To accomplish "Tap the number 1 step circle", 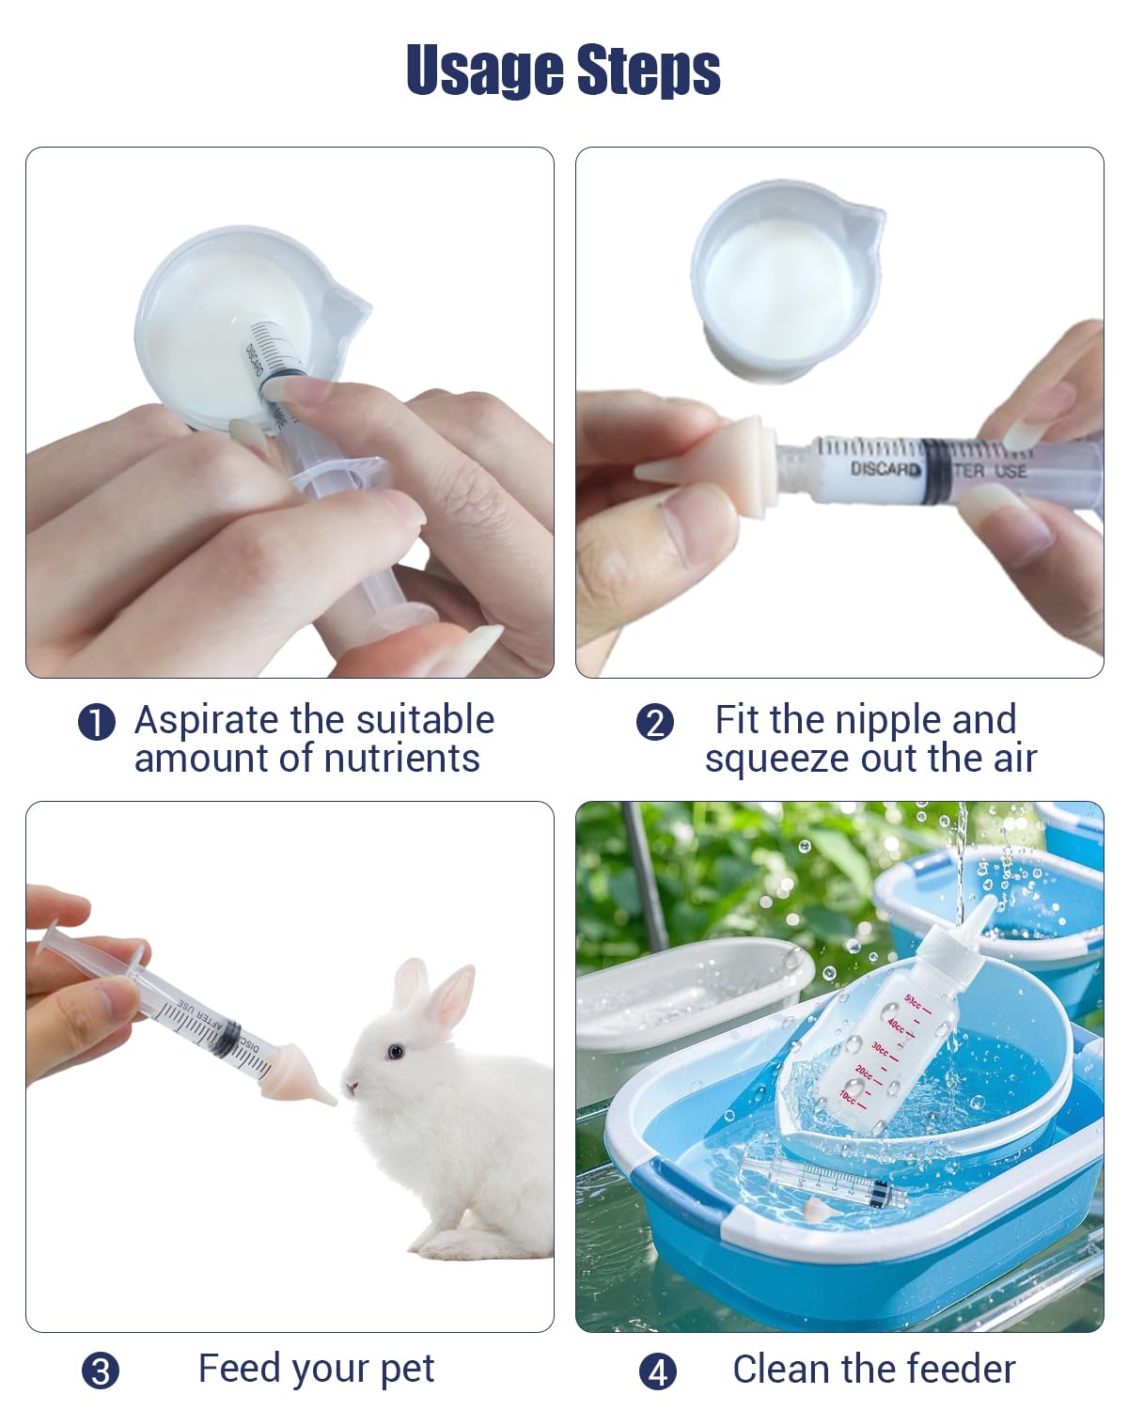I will tap(96, 723).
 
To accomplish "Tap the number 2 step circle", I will tap(655, 723).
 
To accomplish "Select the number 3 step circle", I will tap(101, 1371).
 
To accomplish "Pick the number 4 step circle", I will tap(657, 1371).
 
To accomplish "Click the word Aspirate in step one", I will tap(207, 720).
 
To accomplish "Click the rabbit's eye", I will tap(393, 1050).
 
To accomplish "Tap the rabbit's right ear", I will tap(454, 996).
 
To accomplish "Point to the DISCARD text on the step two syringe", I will tap(885, 468).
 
